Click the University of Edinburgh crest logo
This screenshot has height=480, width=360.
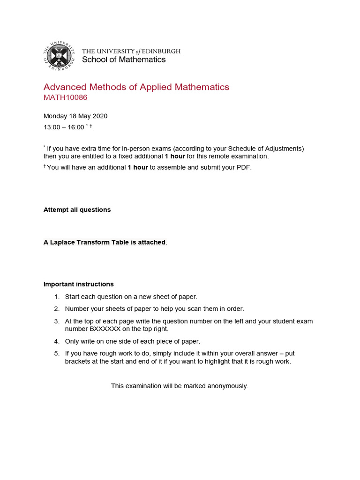[59, 55]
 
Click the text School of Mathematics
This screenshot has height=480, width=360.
[124, 60]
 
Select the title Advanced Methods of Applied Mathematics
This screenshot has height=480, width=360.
[136, 87]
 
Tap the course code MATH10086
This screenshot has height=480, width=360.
[65, 97]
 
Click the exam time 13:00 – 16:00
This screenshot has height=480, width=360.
[64, 127]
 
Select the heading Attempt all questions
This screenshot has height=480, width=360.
[77, 210]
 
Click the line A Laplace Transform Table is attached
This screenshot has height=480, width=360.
[105, 242]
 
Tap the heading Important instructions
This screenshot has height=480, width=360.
[78, 284]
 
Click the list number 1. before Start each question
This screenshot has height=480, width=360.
[57, 297]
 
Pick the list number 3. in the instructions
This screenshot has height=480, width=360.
[57, 321]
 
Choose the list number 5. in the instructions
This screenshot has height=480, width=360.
[57, 353]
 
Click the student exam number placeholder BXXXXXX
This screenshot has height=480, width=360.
[102, 329]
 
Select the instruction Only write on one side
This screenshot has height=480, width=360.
[133, 341]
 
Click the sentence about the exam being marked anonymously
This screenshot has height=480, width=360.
[180, 386]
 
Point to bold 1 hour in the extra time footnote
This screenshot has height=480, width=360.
[175, 156]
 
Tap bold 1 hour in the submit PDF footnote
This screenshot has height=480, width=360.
[138, 167]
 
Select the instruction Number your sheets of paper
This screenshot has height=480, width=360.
[155, 308]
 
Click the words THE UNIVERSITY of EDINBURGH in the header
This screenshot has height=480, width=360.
[131, 51]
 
